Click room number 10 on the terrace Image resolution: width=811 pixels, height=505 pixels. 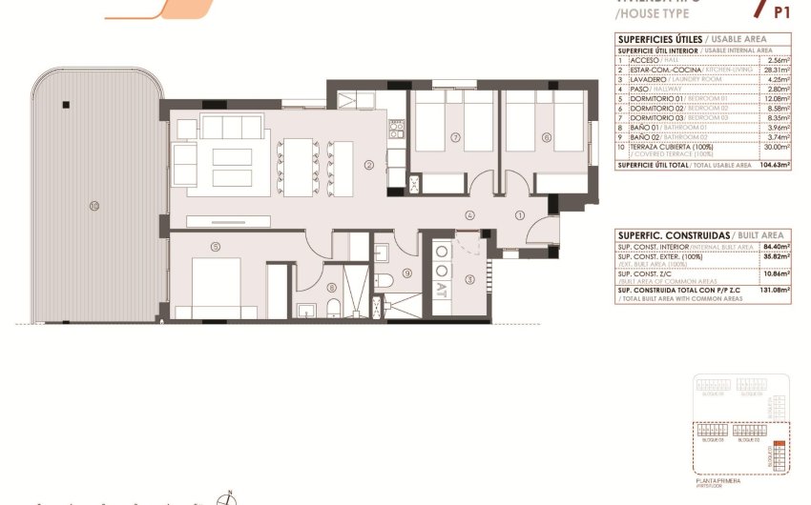pyautogui.click(x=94, y=204)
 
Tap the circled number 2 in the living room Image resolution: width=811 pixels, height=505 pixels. pyautogui.click(x=369, y=164)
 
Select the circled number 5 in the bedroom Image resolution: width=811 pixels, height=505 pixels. pyautogui.click(x=217, y=248)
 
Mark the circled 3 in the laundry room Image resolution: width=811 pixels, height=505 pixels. pyautogui.click(x=469, y=279)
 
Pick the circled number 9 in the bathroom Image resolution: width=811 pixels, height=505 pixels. pyautogui.click(x=406, y=273)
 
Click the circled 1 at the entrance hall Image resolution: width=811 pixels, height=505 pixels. pyautogui.click(x=520, y=215)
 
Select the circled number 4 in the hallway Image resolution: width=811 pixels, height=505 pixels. pyautogui.click(x=470, y=215)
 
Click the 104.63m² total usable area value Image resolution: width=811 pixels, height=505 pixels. pyautogui.click(x=776, y=165)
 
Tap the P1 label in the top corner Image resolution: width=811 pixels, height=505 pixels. pyautogui.click(x=781, y=12)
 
